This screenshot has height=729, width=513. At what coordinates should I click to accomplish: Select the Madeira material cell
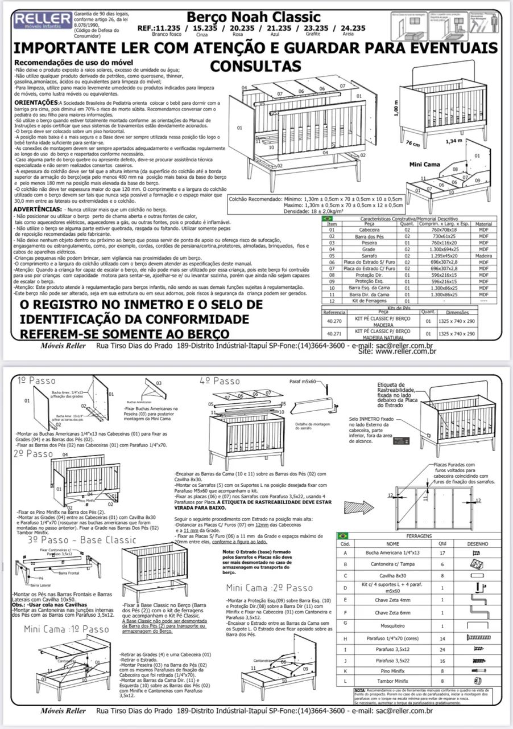pyautogui.click(x=483, y=256)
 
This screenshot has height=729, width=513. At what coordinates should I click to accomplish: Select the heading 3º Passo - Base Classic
pyautogui.click(x=82, y=539)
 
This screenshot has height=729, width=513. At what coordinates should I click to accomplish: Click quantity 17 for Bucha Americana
pyautogui.click(x=442, y=553)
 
